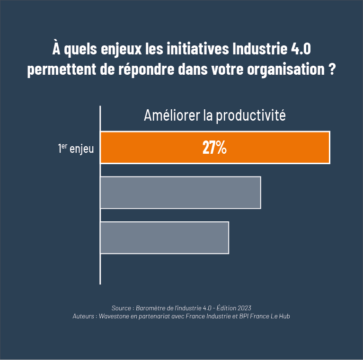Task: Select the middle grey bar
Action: point(180,193)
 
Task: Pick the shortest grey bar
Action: point(164,237)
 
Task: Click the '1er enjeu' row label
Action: point(76,149)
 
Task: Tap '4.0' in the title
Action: point(299,49)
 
